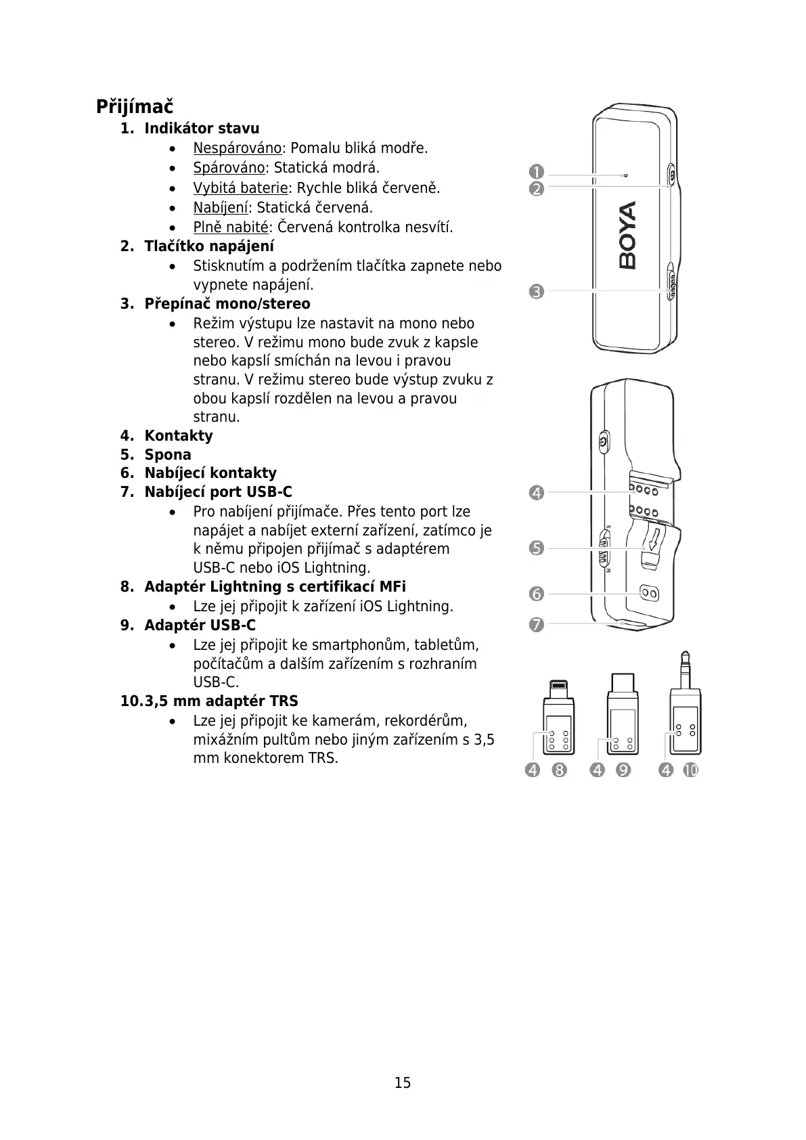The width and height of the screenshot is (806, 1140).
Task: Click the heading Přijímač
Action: (134, 107)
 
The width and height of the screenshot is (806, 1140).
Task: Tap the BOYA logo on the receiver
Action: (627, 235)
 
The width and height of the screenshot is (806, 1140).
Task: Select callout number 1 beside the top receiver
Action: (537, 172)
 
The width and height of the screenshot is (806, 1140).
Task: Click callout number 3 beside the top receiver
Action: (537, 292)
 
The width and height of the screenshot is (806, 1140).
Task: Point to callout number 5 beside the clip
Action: (537, 548)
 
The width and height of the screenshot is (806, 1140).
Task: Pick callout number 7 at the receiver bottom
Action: (537, 624)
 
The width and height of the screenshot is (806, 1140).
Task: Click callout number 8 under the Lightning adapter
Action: (559, 770)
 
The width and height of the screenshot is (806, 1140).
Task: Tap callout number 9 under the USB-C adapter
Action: (623, 770)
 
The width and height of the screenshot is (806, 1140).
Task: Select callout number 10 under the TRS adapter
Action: (690, 770)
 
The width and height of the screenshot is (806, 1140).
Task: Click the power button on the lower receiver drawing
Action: (604, 443)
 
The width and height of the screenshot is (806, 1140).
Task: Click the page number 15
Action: (403, 1082)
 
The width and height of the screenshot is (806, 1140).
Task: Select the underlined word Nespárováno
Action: (237, 148)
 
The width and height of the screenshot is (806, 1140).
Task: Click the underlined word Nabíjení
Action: (221, 207)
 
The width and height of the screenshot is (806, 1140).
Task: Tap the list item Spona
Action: (168, 455)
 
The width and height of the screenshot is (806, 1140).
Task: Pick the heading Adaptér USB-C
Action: (200, 625)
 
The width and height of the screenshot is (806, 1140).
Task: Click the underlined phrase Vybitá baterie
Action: (240, 188)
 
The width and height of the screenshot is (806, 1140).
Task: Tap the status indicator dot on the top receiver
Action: (625, 175)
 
